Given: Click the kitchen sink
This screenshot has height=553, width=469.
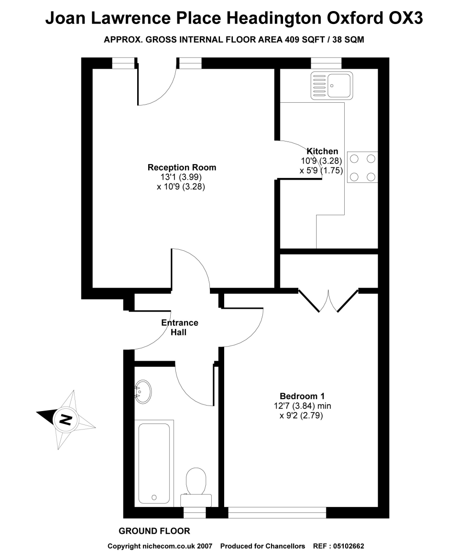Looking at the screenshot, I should pyautogui.click(x=331, y=85).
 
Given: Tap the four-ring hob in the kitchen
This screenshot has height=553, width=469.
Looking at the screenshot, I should pyautogui.click(x=362, y=167).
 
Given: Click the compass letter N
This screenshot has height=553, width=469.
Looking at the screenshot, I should pyautogui.click(x=66, y=419).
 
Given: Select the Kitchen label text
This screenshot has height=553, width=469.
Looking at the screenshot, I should pyautogui.click(x=322, y=151).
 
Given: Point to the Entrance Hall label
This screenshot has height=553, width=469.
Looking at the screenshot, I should pyautogui.click(x=179, y=327).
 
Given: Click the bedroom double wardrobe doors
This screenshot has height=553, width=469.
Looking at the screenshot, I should pyautogui.click(x=329, y=300).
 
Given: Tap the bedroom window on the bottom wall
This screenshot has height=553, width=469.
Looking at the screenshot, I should pyautogui.click(x=277, y=512).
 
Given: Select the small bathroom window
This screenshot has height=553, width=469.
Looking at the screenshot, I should pyautogui.click(x=194, y=512).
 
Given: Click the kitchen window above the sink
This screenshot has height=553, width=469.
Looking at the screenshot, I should pyautogui.click(x=326, y=63).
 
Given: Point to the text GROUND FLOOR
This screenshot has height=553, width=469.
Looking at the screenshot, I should pyautogui.click(x=154, y=531).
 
